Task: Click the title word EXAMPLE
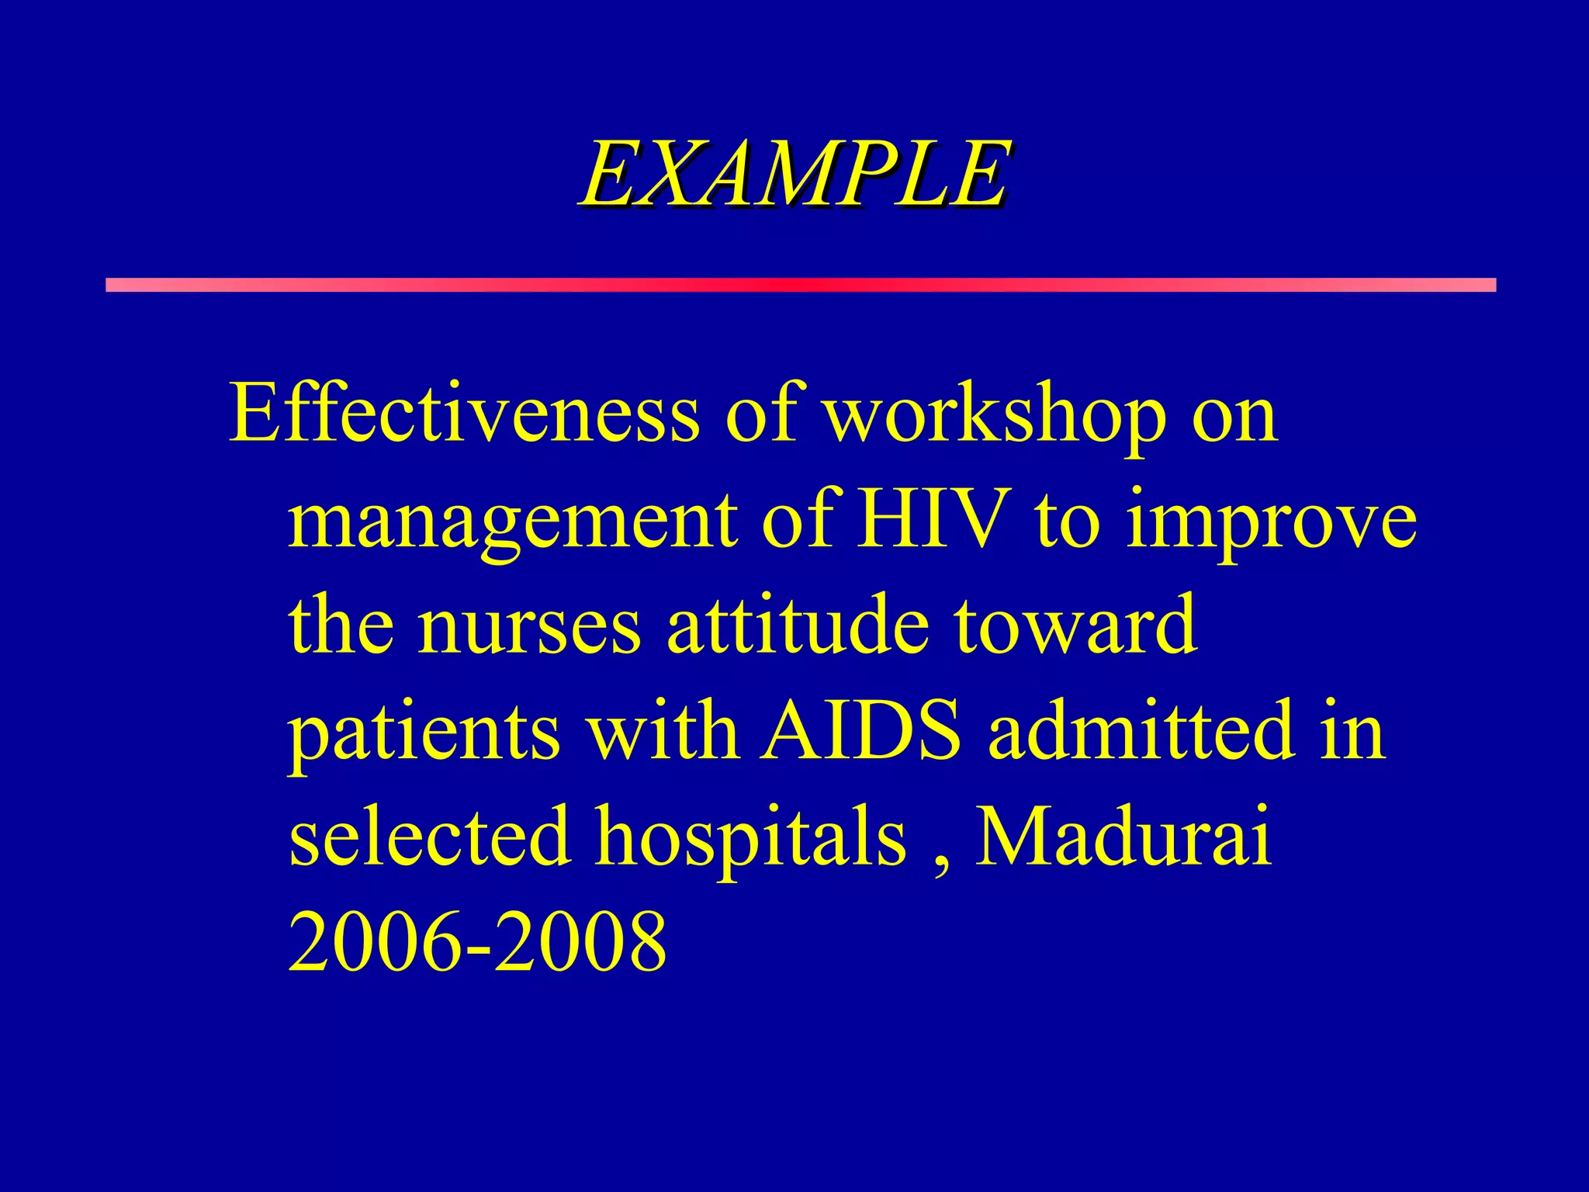[794, 175]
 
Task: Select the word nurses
[529, 627]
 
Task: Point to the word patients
[424, 734]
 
